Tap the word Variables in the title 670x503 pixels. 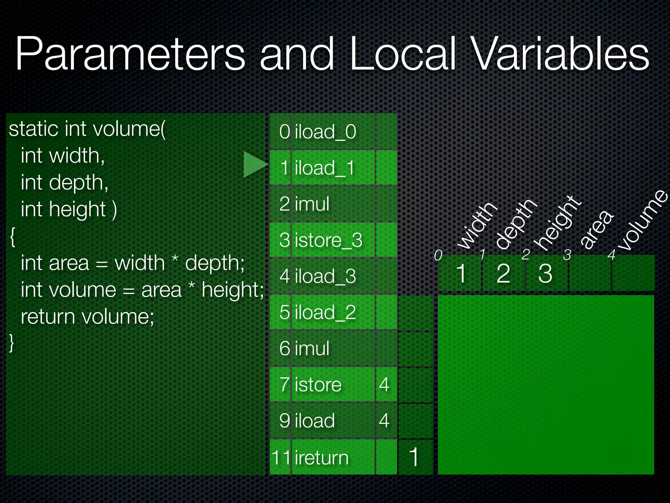click(560, 54)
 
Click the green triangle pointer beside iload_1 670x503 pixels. click(255, 164)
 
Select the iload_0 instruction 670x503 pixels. click(326, 132)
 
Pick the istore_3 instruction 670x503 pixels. click(328, 240)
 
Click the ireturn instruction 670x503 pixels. click(322, 457)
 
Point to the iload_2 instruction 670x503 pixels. click(325, 312)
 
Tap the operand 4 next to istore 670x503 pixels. click(384, 384)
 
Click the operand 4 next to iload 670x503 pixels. click(384, 420)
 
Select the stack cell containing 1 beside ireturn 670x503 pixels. click(414, 457)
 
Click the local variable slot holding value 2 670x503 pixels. click(503, 273)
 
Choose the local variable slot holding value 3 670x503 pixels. click(545, 273)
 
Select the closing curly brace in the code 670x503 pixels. click(12, 343)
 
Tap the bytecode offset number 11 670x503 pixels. click(281, 457)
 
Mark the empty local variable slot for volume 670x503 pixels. click(633, 273)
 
